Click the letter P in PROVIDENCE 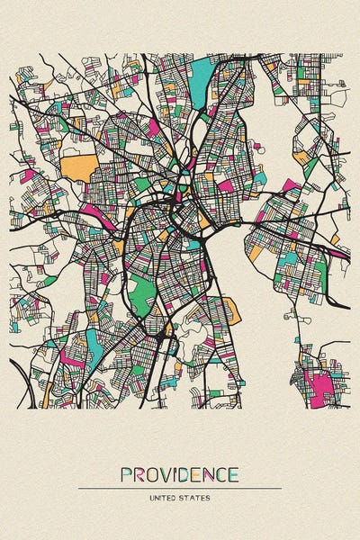pyautogui.click(x=127, y=475)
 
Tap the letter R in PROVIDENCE pyautogui.click(x=139, y=475)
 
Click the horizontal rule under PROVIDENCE pyautogui.click(x=180, y=488)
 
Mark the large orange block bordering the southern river pyautogui.click(x=231, y=311)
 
